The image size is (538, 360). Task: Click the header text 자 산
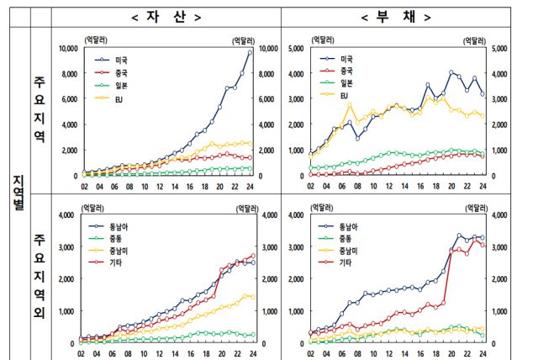[166, 17]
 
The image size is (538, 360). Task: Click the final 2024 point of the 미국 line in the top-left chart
[250, 52]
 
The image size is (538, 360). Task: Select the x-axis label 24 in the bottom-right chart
[482, 354]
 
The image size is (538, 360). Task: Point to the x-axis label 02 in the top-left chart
[84, 187]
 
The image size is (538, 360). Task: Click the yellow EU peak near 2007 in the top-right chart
[350, 103]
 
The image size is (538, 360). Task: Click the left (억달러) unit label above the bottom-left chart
[93, 206]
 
